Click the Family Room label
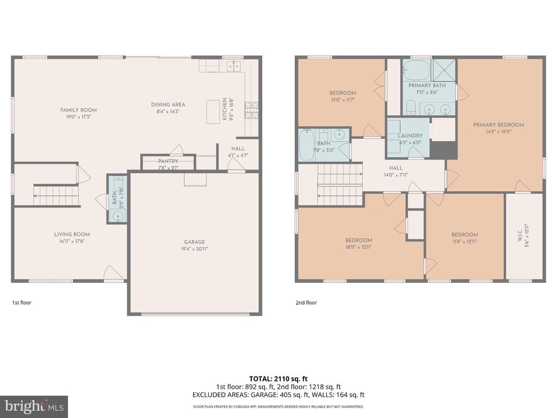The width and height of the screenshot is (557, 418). (78, 110)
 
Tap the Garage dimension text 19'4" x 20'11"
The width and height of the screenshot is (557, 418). (194, 249)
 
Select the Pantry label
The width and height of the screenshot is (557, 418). (168, 161)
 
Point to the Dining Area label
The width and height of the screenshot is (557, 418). (168, 104)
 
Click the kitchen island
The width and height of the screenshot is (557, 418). (213, 112)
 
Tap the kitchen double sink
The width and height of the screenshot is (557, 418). (234, 66)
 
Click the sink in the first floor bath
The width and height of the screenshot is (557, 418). (117, 216)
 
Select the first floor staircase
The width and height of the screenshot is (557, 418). (57, 195)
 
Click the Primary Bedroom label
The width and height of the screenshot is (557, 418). (498, 125)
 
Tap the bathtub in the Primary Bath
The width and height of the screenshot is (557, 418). (416, 70)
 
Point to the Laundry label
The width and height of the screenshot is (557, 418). (410, 136)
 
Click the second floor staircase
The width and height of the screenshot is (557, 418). (339, 186)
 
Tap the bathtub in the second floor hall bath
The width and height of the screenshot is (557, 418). (306, 145)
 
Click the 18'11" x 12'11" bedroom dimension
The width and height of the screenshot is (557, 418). (358, 247)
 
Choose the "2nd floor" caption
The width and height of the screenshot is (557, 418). (306, 303)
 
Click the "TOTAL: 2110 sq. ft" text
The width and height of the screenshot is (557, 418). (278, 378)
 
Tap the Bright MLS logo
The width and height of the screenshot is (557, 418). (34, 406)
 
